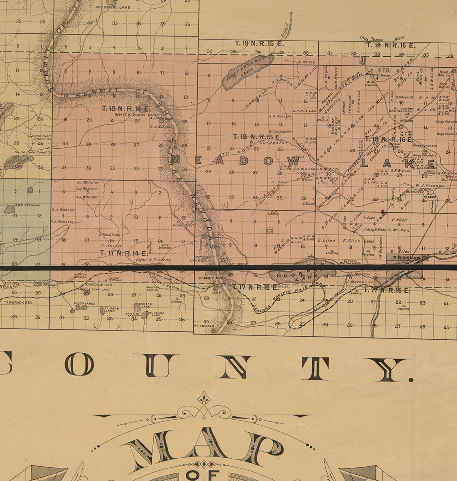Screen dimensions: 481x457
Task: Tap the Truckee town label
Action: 406,258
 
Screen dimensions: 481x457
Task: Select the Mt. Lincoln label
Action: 204,326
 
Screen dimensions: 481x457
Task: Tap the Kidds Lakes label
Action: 84,303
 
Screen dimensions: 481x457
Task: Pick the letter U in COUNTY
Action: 159,365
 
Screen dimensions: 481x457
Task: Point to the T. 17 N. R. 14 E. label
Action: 124,253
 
